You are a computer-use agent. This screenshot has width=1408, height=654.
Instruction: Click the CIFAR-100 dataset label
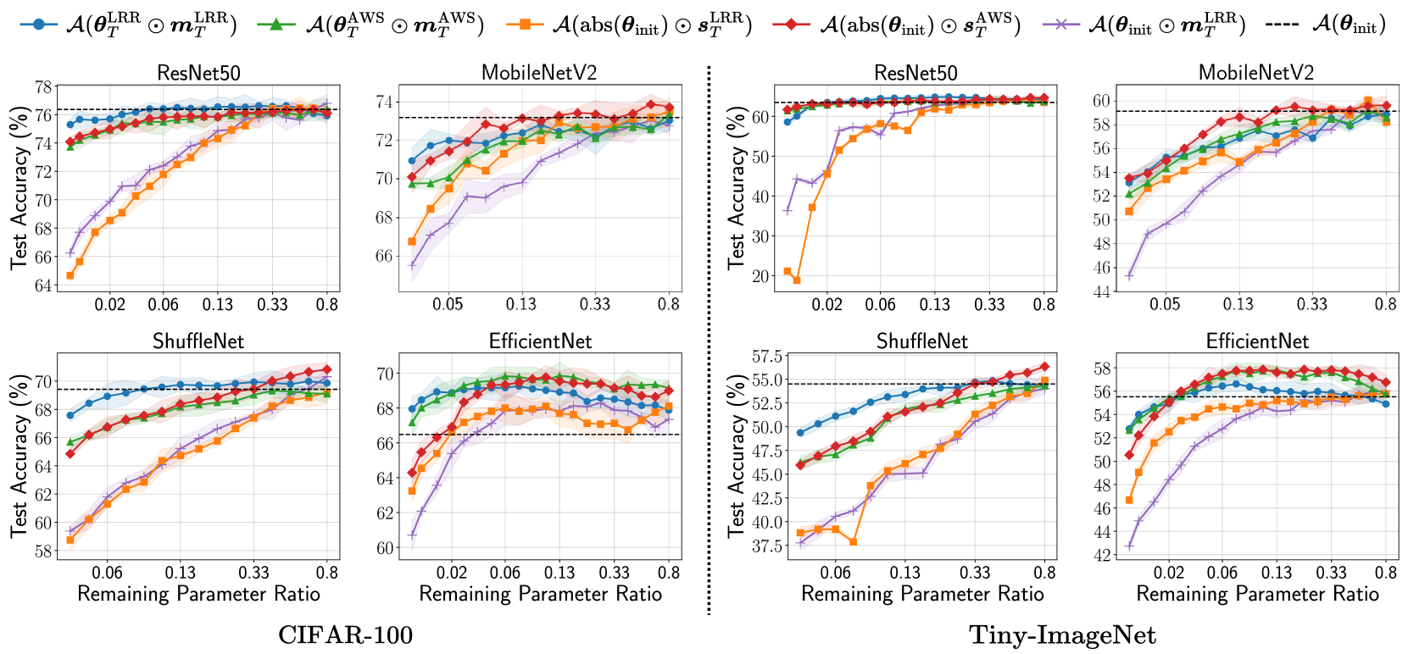point(345,635)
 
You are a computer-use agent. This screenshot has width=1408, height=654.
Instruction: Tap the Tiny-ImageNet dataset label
point(1062,635)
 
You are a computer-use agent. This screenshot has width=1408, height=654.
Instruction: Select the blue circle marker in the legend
point(38,25)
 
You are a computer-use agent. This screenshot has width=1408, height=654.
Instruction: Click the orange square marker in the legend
point(523,25)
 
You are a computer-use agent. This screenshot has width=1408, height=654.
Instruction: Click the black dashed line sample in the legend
point(1282,25)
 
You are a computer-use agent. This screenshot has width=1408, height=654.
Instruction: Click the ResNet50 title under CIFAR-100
point(199,73)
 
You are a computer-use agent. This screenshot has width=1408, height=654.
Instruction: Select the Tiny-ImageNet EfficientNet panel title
point(1257,341)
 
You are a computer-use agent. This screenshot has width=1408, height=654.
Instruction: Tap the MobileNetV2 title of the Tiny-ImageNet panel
point(1256,73)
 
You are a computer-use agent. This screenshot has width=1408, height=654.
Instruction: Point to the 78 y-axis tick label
point(42,87)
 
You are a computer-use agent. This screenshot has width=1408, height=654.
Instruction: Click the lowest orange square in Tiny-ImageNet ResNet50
point(797,280)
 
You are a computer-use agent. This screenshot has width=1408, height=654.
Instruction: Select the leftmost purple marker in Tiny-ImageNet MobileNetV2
point(1129,275)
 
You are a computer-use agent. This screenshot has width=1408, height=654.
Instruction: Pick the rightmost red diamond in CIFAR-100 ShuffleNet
point(326,369)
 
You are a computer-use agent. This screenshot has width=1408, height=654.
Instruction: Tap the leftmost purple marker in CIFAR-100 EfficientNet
point(413,535)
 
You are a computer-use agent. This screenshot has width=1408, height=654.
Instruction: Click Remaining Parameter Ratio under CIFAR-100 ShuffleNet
point(198,594)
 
